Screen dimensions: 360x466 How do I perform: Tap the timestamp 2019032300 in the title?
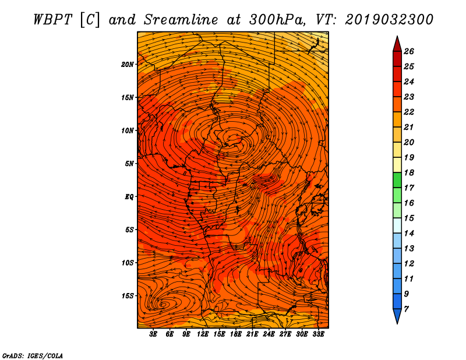(389, 19)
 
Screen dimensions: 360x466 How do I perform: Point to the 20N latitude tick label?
(128, 64)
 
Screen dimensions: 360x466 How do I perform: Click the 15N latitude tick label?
(128, 97)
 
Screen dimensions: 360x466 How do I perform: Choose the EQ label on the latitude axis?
(129, 196)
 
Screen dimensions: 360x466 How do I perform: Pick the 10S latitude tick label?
(128, 263)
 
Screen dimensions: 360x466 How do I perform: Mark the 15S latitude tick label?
(128, 296)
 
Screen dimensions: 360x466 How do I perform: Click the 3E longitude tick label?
(154, 334)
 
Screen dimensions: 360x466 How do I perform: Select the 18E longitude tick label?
(236, 334)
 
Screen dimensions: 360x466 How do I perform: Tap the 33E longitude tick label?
(319, 334)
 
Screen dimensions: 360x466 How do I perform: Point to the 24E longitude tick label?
(269, 334)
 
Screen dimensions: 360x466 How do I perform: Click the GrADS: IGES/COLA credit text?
(32, 355)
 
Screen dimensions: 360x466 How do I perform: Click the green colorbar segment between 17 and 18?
(397, 180)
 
